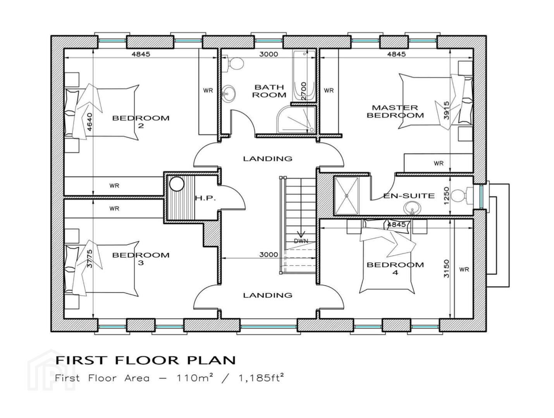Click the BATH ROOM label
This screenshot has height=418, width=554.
tap(269, 91)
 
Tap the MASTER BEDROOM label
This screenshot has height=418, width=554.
tap(395, 111)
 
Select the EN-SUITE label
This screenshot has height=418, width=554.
tap(409, 195)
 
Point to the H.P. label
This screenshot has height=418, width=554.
tap(205, 199)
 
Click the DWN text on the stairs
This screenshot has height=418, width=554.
tap(301, 241)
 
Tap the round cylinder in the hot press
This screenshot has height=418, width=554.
tap(177, 184)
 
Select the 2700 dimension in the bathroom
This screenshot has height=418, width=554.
tap(304, 91)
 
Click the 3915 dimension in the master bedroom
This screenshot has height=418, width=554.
tap(446, 110)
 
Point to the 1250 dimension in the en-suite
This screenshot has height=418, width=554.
tap(446, 195)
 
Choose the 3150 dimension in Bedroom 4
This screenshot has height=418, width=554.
tap(446, 269)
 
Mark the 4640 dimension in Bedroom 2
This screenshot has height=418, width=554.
tap(89, 122)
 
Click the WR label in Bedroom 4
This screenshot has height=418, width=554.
tap(464, 269)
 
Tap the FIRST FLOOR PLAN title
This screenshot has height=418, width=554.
tap(146, 360)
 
